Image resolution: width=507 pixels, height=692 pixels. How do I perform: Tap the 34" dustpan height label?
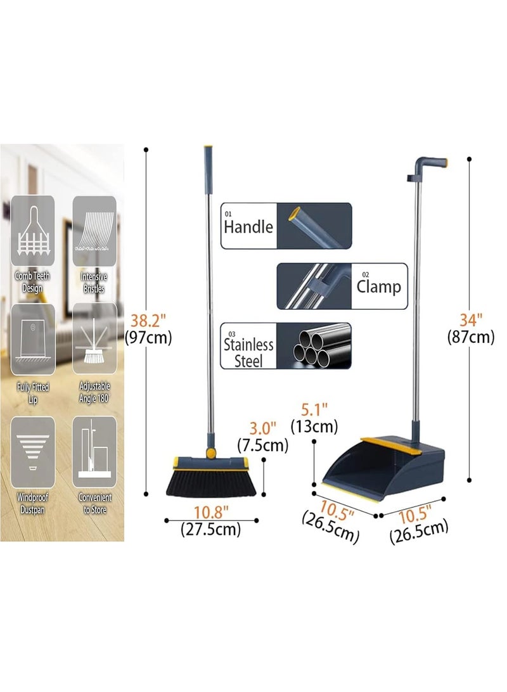coord(470,318)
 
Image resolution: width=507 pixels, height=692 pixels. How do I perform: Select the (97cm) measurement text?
coord(149,338)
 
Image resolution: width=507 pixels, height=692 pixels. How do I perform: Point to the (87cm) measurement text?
coord(470,336)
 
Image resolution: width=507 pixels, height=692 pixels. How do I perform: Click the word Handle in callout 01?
coord(248,227)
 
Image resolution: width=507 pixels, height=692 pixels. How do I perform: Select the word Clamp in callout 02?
coord(378,286)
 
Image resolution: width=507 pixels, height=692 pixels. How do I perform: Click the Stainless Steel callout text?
coord(248,352)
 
